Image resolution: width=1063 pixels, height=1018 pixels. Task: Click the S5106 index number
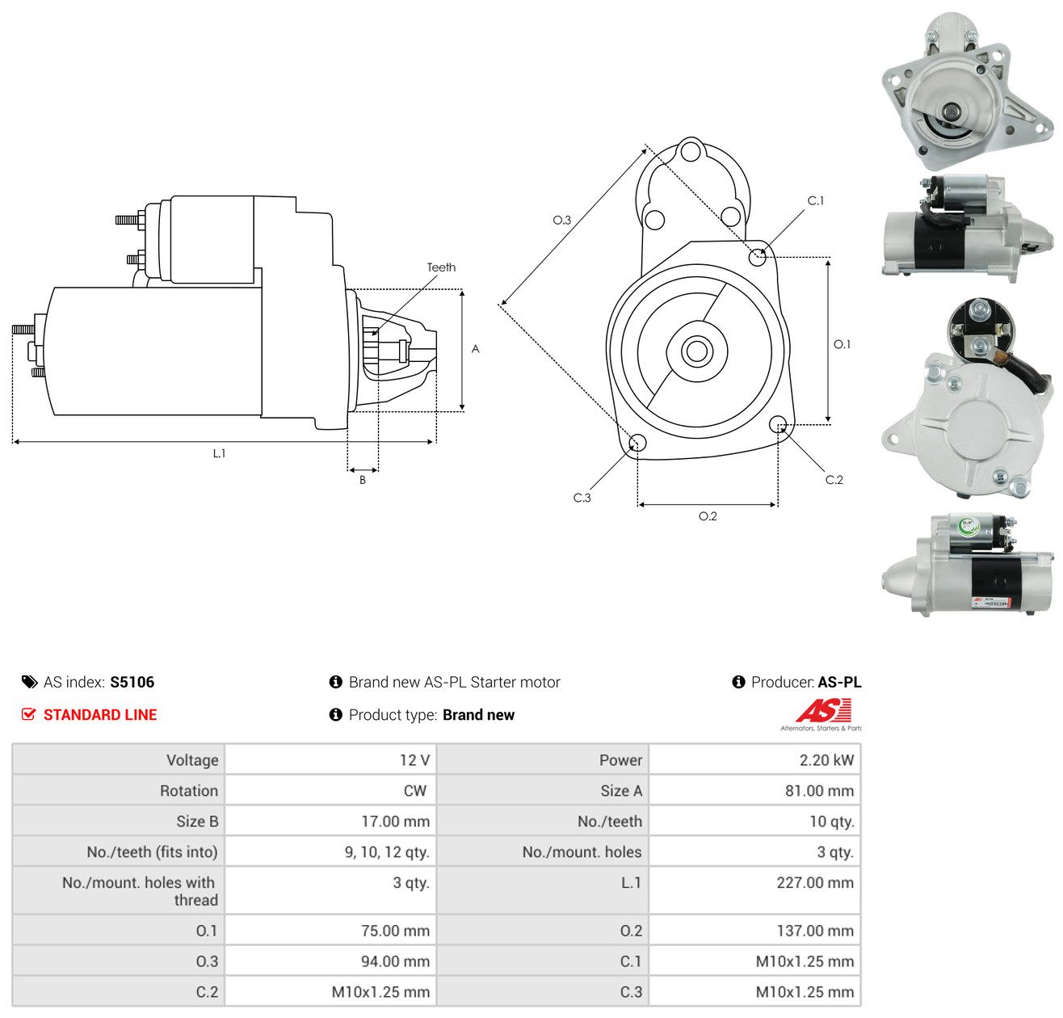(132, 682)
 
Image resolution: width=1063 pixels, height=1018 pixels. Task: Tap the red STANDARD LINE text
(100, 715)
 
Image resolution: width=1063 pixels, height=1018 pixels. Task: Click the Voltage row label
(192, 759)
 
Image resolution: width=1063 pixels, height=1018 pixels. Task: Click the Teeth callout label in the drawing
(441, 267)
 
